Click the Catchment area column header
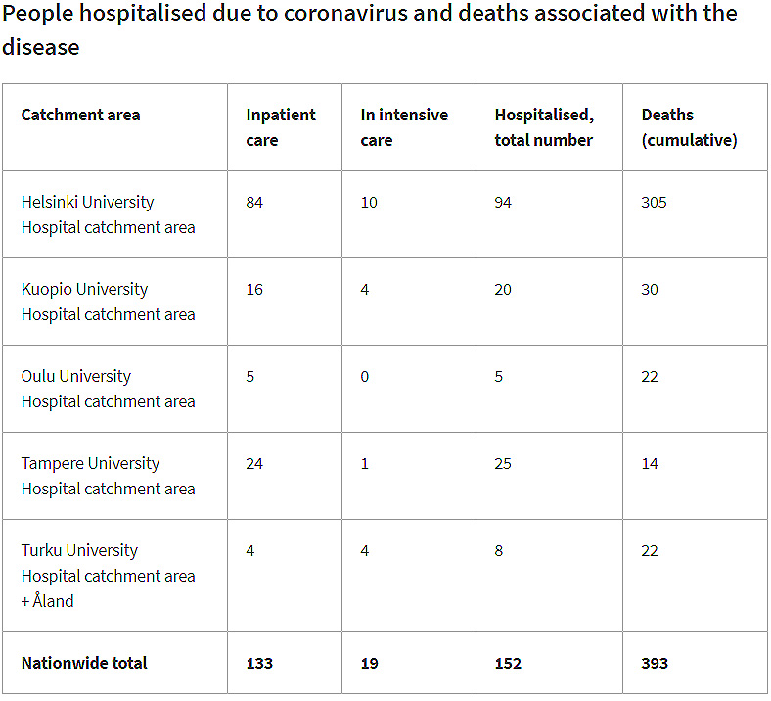tap(80, 115)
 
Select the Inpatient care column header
tap(281, 127)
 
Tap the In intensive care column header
tap(404, 127)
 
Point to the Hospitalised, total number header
tap(544, 127)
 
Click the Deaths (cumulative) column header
tap(689, 127)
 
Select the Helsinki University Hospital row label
tap(108, 214)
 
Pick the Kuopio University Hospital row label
tap(108, 302)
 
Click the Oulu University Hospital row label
tap(108, 389)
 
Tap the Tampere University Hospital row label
tap(108, 476)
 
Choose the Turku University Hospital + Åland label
tap(108, 576)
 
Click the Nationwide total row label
tap(84, 663)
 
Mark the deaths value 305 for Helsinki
tap(654, 202)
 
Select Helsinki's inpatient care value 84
tap(254, 202)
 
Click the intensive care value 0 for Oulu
tap(365, 376)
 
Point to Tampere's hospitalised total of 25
tap(503, 463)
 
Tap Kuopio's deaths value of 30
tap(650, 289)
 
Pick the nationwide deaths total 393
tap(655, 663)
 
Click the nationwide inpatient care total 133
tap(259, 663)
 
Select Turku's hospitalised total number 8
tap(499, 550)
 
